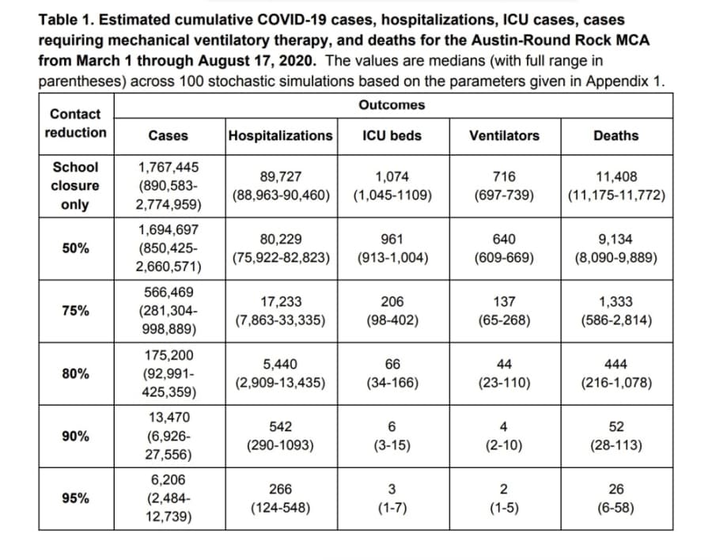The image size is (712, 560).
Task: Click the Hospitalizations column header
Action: click(281, 135)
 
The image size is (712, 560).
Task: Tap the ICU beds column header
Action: click(392, 135)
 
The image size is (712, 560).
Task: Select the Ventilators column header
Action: click(505, 135)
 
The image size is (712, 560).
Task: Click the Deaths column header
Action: click(616, 135)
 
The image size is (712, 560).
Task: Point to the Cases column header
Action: click(168, 135)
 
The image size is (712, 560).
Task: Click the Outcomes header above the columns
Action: click(392, 105)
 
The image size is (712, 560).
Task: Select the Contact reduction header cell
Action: click(75, 123)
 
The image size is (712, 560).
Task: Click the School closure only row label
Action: click(75, 186)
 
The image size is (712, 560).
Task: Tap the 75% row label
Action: click(75, 311)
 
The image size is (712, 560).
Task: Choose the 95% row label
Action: click(75, 498)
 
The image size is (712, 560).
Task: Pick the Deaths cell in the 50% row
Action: click(616, 248)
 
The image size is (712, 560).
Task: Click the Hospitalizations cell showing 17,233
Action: click(281, 311)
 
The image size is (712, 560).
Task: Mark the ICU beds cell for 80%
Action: click(392, 373)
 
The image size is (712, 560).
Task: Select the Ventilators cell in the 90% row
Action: click(504, 436)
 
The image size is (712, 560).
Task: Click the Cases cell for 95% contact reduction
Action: click(169, 498)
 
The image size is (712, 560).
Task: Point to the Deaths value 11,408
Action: click(616, 176)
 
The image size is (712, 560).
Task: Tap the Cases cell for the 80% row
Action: click(169, 373)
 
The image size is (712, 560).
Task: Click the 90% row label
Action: click(75, 436)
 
